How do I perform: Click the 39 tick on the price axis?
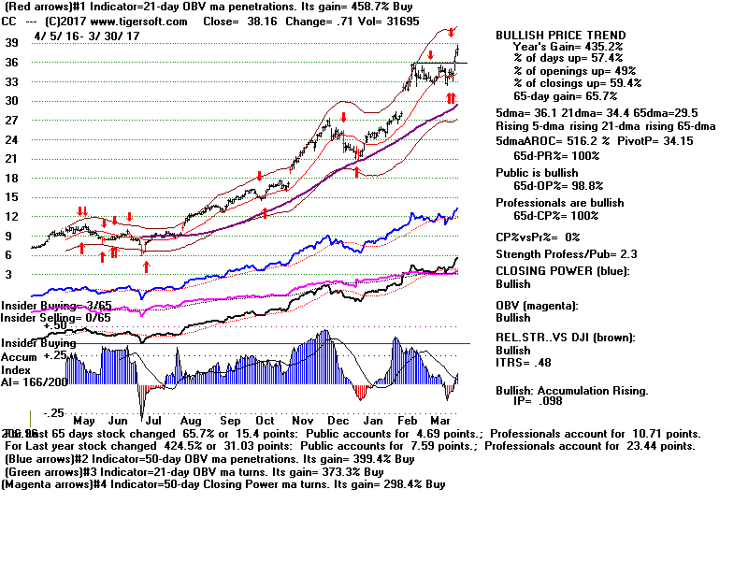tap(12, 43)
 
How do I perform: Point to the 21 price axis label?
tap(12, 159)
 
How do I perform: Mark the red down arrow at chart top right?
tap(452, 32)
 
